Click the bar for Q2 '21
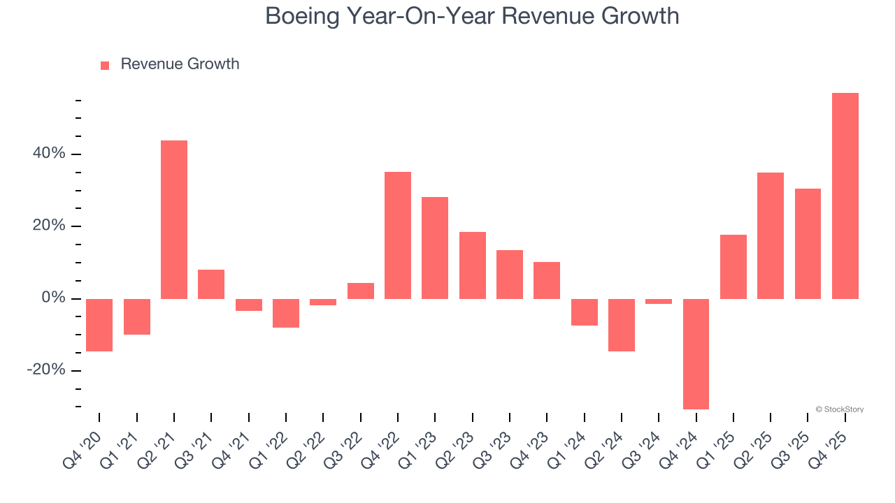pos(174,219)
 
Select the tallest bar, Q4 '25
pos(845,196)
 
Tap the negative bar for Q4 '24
pos(696,353)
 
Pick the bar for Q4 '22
pos(398,235)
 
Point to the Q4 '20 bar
pos(99,325)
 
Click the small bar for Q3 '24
pos(659,302)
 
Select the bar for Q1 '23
pos(435,248)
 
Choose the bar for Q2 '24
pos(622,325)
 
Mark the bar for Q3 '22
pos(361,291)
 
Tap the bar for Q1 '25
pos(733,267)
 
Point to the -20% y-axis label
pos(45,370)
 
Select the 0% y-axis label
pos(53,298)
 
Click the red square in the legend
pos(105,66)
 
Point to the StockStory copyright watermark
pos(839,409)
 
